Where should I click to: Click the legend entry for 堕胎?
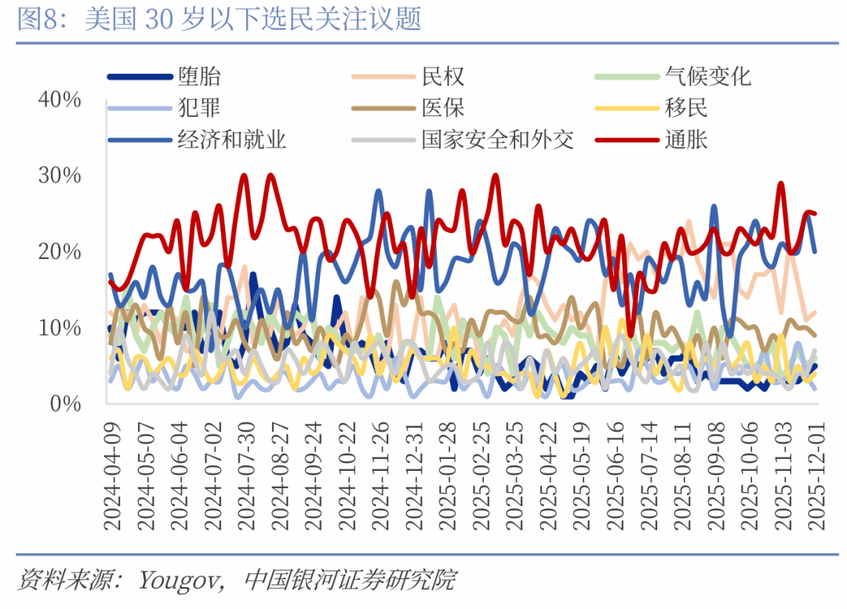199,76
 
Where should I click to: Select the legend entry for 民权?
443,76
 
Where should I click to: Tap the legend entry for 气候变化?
707,76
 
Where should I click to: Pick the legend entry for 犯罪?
199,108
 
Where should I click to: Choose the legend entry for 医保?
443,108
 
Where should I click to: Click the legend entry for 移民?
686,108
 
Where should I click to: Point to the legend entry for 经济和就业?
231,140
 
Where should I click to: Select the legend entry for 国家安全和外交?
497,140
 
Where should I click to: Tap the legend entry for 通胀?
686,140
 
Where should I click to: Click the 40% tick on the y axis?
60,100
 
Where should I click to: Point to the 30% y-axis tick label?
60,176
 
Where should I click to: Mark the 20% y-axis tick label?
60,252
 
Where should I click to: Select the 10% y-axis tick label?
60,327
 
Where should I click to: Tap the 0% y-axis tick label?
66,403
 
